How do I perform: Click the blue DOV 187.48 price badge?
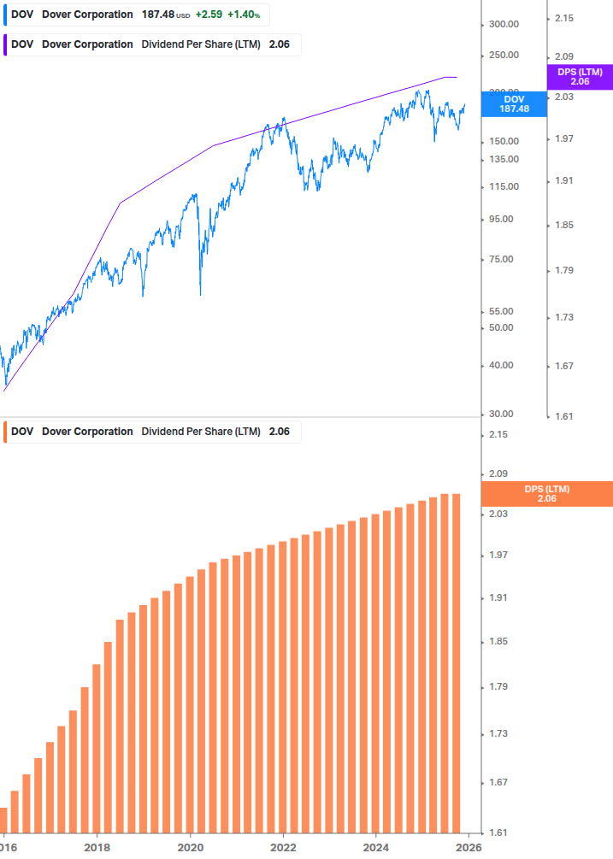point(514,103)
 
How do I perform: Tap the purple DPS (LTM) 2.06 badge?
point(580,77)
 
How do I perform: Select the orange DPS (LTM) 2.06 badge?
point(547,493)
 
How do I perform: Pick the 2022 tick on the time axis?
point(283,847)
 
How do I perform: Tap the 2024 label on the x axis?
point(376,847)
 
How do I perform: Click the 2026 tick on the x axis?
point(468,847)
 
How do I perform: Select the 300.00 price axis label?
point(504,24)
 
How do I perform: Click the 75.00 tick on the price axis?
point(500,259)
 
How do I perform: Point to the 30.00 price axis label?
point(500,414)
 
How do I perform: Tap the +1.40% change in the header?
point(243,15)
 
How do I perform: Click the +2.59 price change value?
point(208,15)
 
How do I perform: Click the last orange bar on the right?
point(456,662)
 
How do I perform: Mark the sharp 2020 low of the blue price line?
point(200,294)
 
